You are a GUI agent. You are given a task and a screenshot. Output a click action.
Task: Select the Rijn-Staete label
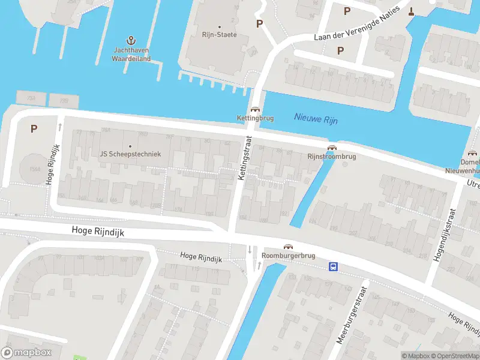click(219, 35)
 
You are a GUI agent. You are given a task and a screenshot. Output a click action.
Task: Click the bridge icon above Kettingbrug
click(255, 110)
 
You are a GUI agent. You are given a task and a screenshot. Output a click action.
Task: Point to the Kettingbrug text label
click(255, 118)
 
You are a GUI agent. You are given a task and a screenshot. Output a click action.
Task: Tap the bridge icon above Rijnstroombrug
click(331, 148)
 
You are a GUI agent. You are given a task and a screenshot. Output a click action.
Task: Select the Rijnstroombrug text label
click(331, 157)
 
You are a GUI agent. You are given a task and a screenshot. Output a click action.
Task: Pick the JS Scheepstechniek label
click(130, 154)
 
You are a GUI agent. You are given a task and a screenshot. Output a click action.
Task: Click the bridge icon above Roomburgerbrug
click(289, 247)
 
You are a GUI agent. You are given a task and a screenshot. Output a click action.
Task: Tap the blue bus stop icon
click(332, 266)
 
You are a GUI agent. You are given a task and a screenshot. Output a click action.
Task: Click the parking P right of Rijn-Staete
click(259, 23)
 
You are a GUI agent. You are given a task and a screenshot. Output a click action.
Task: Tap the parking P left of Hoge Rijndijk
click(34, 128)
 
